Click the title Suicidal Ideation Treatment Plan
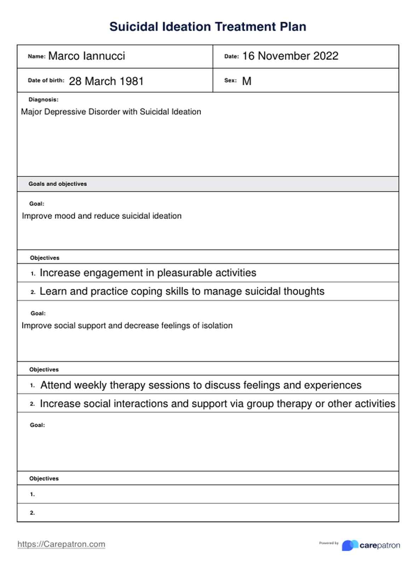coord(208,27)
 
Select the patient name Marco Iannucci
coord(86,56)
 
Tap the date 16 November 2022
coord(290,56)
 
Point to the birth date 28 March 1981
coord(106,81)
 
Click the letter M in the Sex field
coord(247,81)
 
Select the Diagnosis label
coord(44,100)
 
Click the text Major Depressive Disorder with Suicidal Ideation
coord(111,112)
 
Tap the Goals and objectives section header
coord(58,184)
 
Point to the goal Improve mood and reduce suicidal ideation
coord(102,216)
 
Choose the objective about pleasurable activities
coord(148,273)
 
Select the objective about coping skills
coord(182,291)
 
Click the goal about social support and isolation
coord(127,326)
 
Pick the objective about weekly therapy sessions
coord(201,385)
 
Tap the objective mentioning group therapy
coord(217,404)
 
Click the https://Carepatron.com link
coord(61,544)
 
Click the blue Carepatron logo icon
coord(349,545)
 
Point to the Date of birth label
coord(46,80)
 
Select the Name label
coord(36,56)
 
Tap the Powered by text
coord(329,543)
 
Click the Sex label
coord(230,80)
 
